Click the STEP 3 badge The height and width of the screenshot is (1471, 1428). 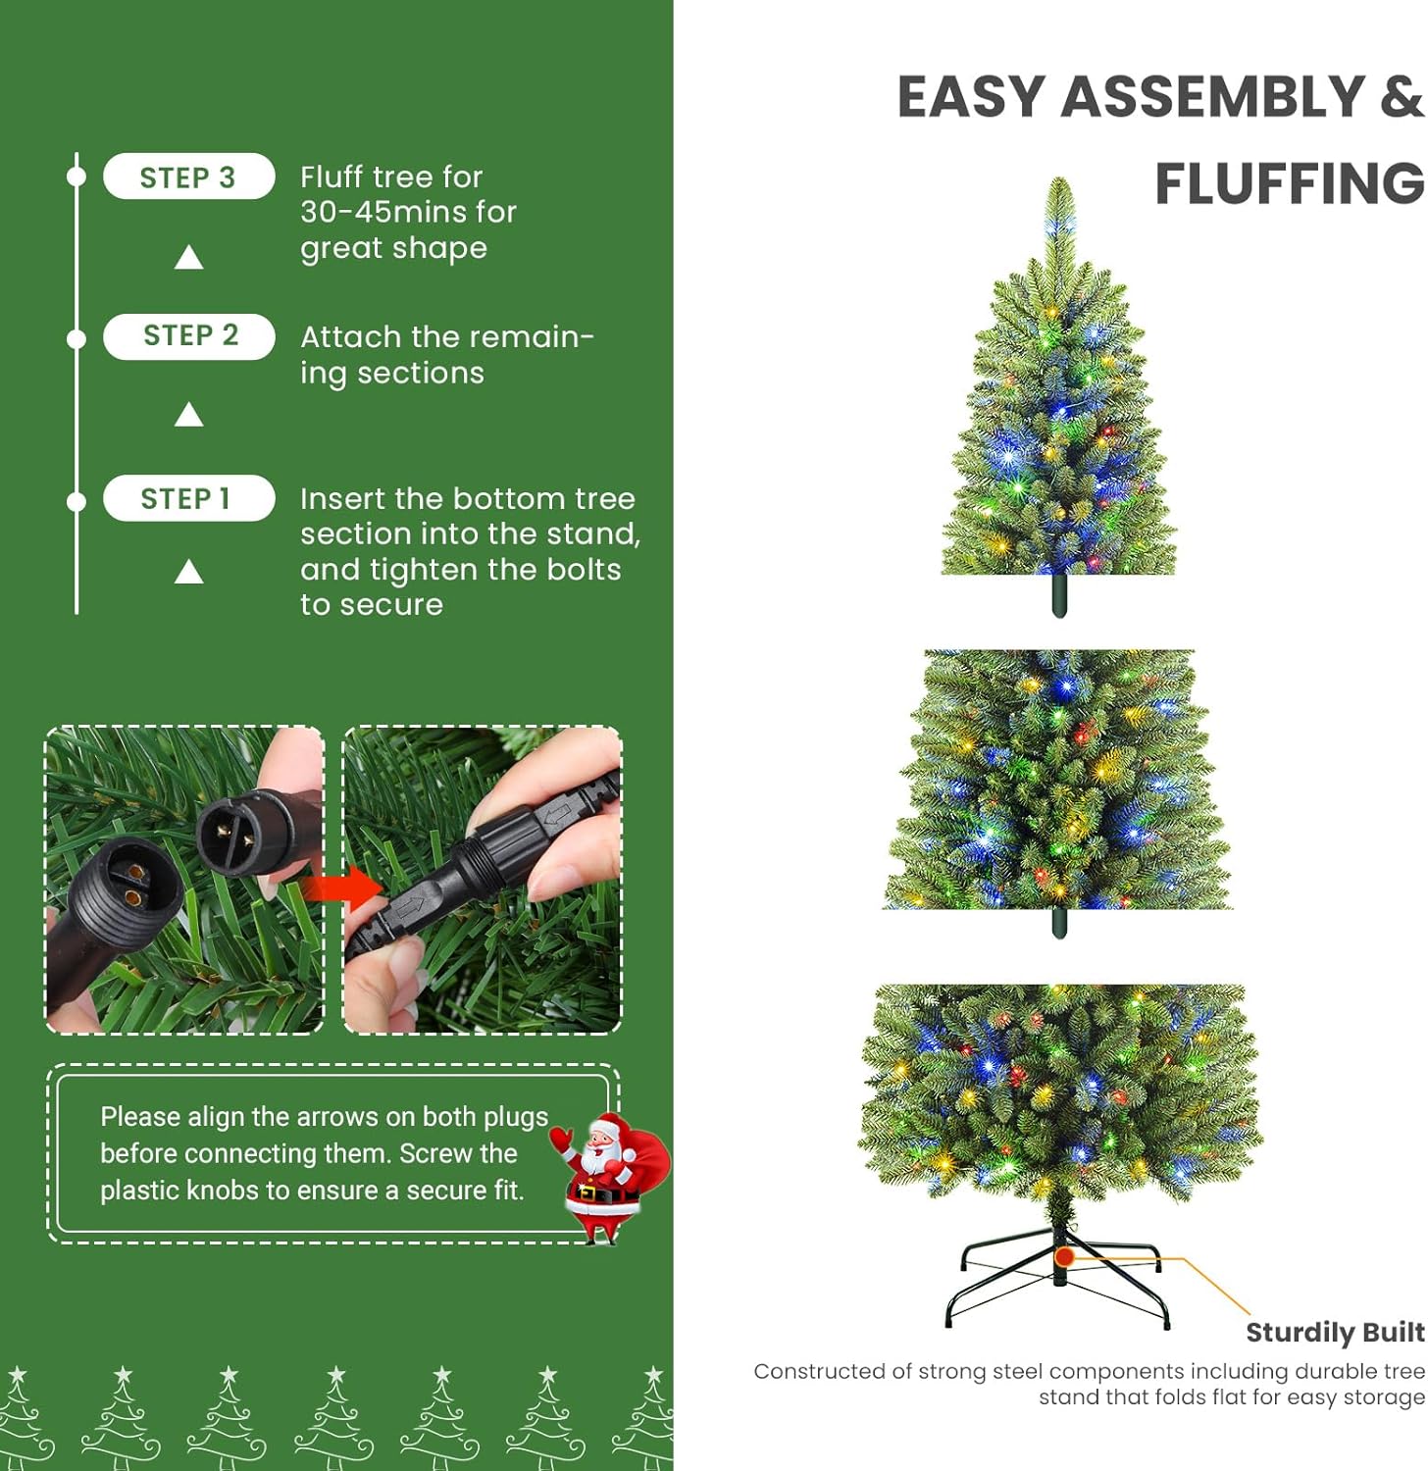coord(188,177)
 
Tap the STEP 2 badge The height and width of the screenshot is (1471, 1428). coord(188,336)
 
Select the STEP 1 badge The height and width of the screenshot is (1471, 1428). coord(188,498)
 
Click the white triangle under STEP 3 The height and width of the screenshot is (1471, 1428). coord(188,258)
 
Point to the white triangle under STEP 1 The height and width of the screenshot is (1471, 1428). coord(188,572)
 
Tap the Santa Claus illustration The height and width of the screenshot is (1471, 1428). coord(608,1177)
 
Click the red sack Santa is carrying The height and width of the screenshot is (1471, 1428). coord(642,1157)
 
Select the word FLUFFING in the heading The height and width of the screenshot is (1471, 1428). coord(1290,183)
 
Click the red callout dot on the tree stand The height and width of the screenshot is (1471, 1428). coord(1065,1256)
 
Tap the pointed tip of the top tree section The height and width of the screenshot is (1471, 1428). coord(1059,179)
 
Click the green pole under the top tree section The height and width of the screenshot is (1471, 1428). coord(1059,595)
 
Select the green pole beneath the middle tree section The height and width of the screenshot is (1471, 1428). coord(1059,923)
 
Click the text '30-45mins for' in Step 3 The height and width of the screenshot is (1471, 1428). coord(408,212)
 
